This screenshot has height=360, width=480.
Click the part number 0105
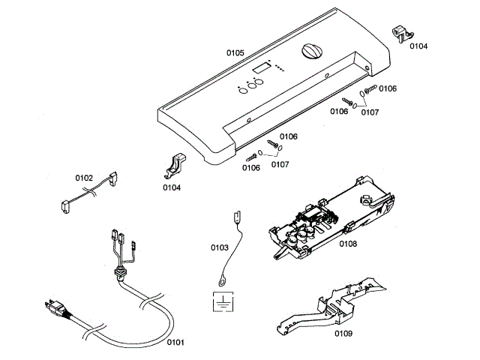[x=235, y=52]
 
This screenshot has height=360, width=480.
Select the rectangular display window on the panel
[x=262, y=70]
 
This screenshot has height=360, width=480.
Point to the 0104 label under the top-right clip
[x=418, y=46]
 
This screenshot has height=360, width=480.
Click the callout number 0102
[x=84, y=178]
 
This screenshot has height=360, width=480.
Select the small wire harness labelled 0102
[x=88, y=193]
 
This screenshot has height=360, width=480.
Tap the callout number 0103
[x=220, y=246]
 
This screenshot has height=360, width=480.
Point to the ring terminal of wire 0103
[x=223, y=281]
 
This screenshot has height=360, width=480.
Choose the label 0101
[x=175, y=342]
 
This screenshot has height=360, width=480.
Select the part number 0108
[x=348, y=244]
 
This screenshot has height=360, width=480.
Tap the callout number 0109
[x=343, y=332]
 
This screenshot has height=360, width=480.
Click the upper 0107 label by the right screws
[x=370, y=112]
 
